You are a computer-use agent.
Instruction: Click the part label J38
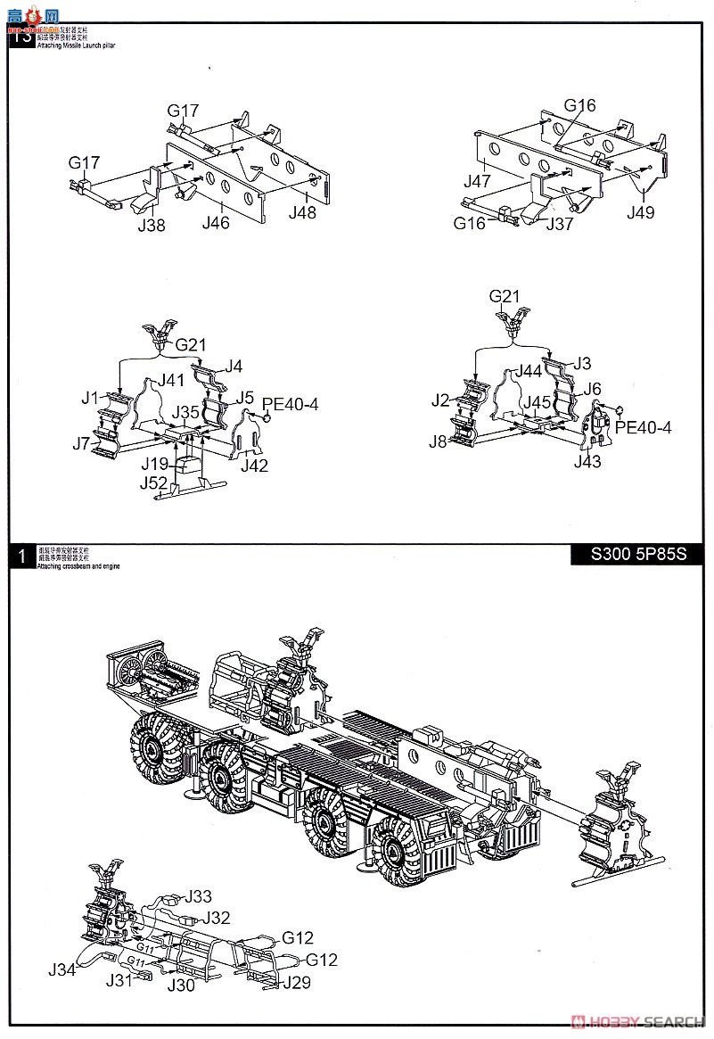152,227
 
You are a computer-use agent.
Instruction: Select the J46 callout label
216,222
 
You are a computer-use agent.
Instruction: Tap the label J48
303,212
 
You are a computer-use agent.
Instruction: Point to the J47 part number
478,181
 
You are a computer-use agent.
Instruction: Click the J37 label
560,223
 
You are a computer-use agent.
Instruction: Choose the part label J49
640,212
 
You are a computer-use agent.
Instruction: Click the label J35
186,413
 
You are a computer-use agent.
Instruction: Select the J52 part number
153,482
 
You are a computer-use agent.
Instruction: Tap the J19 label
155,464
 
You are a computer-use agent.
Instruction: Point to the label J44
529,370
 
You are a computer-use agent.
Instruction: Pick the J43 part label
587,461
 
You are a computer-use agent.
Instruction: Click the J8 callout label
437,440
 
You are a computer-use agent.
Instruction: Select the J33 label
199,897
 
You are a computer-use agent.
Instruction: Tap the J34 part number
62,969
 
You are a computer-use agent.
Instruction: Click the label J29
297,982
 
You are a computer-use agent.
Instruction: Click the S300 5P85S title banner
636,554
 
